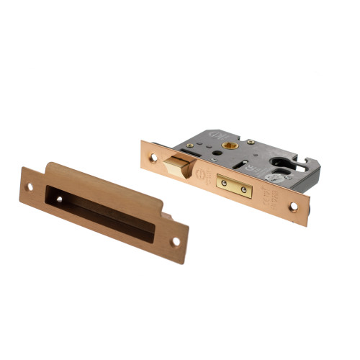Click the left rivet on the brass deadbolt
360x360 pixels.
pyautogui.click(x=224, y=182)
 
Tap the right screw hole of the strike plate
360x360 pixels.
pyautogui.click(x=174, y=241)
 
